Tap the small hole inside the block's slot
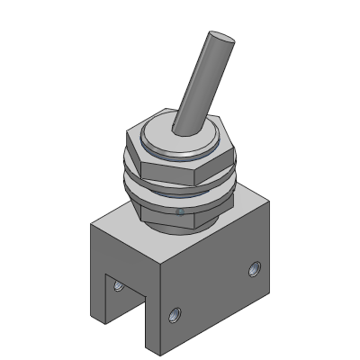[x=118, y=288]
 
